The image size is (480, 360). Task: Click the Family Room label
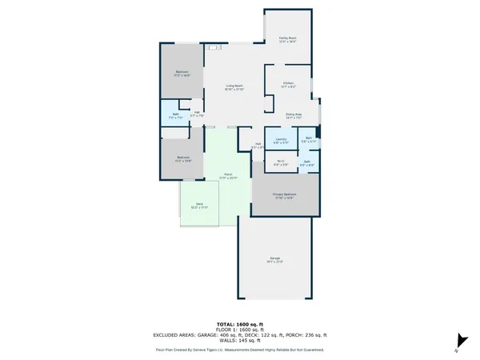(287, 38)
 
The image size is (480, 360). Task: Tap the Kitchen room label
(289, 82)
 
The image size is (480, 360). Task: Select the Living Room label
(234, 86)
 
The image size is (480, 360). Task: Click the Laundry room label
(281, 139)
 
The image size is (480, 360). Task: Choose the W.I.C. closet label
(281, 161)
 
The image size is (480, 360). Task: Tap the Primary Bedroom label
(286, 194)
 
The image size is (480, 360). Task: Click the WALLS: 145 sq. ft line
(240, 340)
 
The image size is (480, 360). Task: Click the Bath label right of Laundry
(309, 139)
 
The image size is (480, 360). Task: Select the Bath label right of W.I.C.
(307, 162)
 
